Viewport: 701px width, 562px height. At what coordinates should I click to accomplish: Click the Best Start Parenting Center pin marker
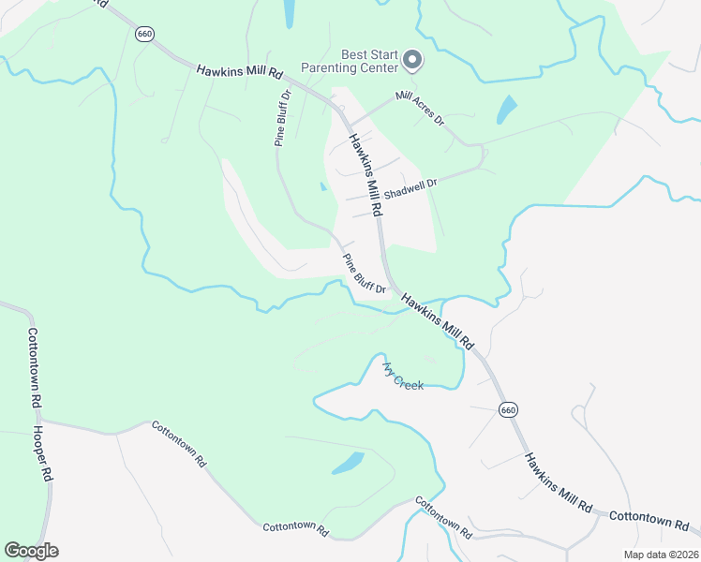[x=412, y=62]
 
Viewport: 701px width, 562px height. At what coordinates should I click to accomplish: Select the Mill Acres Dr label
[x=419, y=109]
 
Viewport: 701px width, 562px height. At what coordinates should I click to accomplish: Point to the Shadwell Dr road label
[x=410, y=188]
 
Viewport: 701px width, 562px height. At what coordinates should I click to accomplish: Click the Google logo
[x=31, y=551]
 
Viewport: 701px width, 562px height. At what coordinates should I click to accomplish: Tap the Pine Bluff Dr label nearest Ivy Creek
[x=365, y=274]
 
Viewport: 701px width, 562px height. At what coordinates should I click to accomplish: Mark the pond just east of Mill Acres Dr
[x=506, y=111]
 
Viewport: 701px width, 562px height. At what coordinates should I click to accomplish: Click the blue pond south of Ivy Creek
[x=348, y=463]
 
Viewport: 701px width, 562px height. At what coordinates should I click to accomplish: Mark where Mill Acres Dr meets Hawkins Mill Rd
[x=350, y=126]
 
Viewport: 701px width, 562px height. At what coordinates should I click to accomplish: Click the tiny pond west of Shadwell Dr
[x=323, y=185]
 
